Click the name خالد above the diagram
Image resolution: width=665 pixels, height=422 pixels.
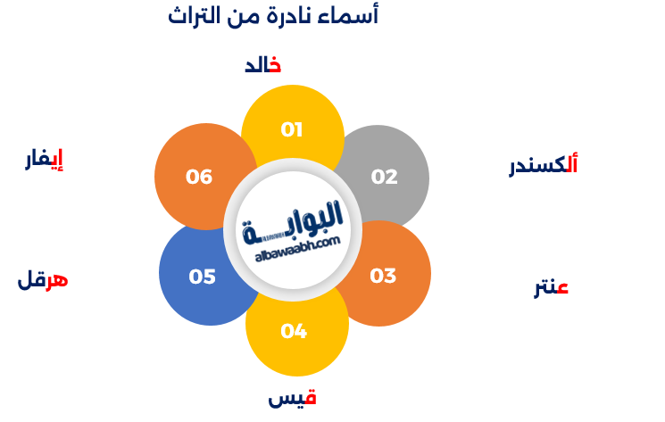(263, 65)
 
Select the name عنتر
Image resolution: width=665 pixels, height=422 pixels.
(551, 288)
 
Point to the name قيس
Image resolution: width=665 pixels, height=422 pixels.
(292, 398)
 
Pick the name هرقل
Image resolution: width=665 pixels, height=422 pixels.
(43, 280)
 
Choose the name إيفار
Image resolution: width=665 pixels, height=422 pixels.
(44, 160)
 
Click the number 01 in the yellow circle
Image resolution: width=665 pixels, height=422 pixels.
(292, 129)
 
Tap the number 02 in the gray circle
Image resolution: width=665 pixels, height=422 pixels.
(384, 177)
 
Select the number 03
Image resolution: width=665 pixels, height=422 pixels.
(383, 276)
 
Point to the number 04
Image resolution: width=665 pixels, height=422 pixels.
(294, 331)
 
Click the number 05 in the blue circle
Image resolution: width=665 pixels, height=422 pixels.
(202, 277)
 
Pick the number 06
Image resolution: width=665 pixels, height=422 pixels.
(199, 177)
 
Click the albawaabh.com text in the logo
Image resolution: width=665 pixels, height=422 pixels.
(298, 248)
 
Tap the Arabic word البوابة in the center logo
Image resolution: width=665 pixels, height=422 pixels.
(293, 222)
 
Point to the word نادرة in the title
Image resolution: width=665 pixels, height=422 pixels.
(287, 16)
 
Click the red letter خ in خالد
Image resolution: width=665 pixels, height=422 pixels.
(275, 64)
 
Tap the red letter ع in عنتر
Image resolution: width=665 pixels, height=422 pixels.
(562, 288)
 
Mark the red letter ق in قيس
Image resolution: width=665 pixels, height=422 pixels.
(311, 397)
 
